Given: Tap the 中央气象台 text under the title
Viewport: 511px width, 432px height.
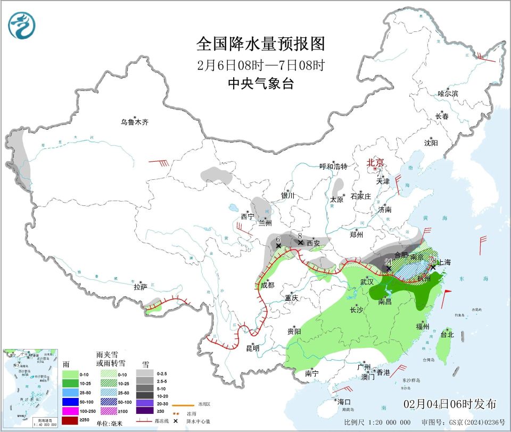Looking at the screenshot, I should (x=260, y=84).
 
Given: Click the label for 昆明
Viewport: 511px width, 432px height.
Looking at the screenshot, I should (x=252, y=348).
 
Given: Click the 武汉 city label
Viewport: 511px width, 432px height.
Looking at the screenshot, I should (x=367, y=281).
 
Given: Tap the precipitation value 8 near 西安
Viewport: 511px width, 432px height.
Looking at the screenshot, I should (x=300, y=235).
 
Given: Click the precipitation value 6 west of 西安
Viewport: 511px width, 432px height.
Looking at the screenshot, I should (x=278, y=239).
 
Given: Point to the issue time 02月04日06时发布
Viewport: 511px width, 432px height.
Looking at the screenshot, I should (x=450, y=404).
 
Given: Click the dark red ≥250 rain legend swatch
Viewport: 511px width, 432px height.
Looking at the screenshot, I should (x=71, y=420).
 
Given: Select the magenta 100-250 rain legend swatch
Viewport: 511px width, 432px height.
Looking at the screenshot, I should (x=71, y=411).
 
